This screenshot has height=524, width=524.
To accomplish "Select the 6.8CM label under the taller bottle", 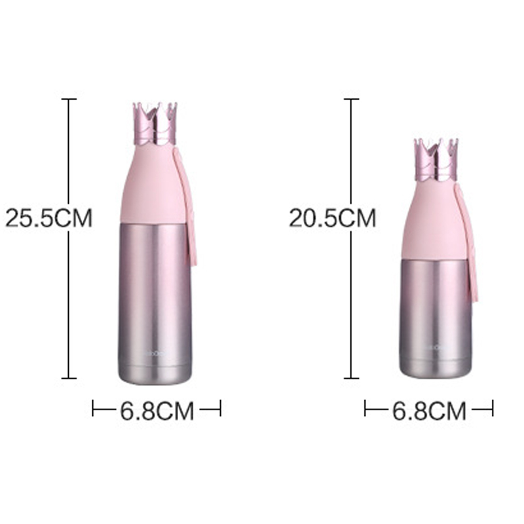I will coord(157,411).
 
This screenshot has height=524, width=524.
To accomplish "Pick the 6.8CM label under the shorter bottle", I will coord(429,411).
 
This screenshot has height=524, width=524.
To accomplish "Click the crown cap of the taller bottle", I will coord(156,124).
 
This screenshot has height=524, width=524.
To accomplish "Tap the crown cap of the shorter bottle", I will coord(436,160).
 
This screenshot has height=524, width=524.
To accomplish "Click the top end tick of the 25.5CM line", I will coord(69,99).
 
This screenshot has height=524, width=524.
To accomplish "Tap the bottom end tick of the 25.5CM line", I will coord(69,378).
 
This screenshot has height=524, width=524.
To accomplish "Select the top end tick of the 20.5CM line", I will coord(352,99).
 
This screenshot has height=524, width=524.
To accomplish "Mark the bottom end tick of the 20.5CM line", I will coord(352,378).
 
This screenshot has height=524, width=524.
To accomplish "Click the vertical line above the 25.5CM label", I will coord(69,151).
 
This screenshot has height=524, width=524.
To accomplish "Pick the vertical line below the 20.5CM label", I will coord(352,301).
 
